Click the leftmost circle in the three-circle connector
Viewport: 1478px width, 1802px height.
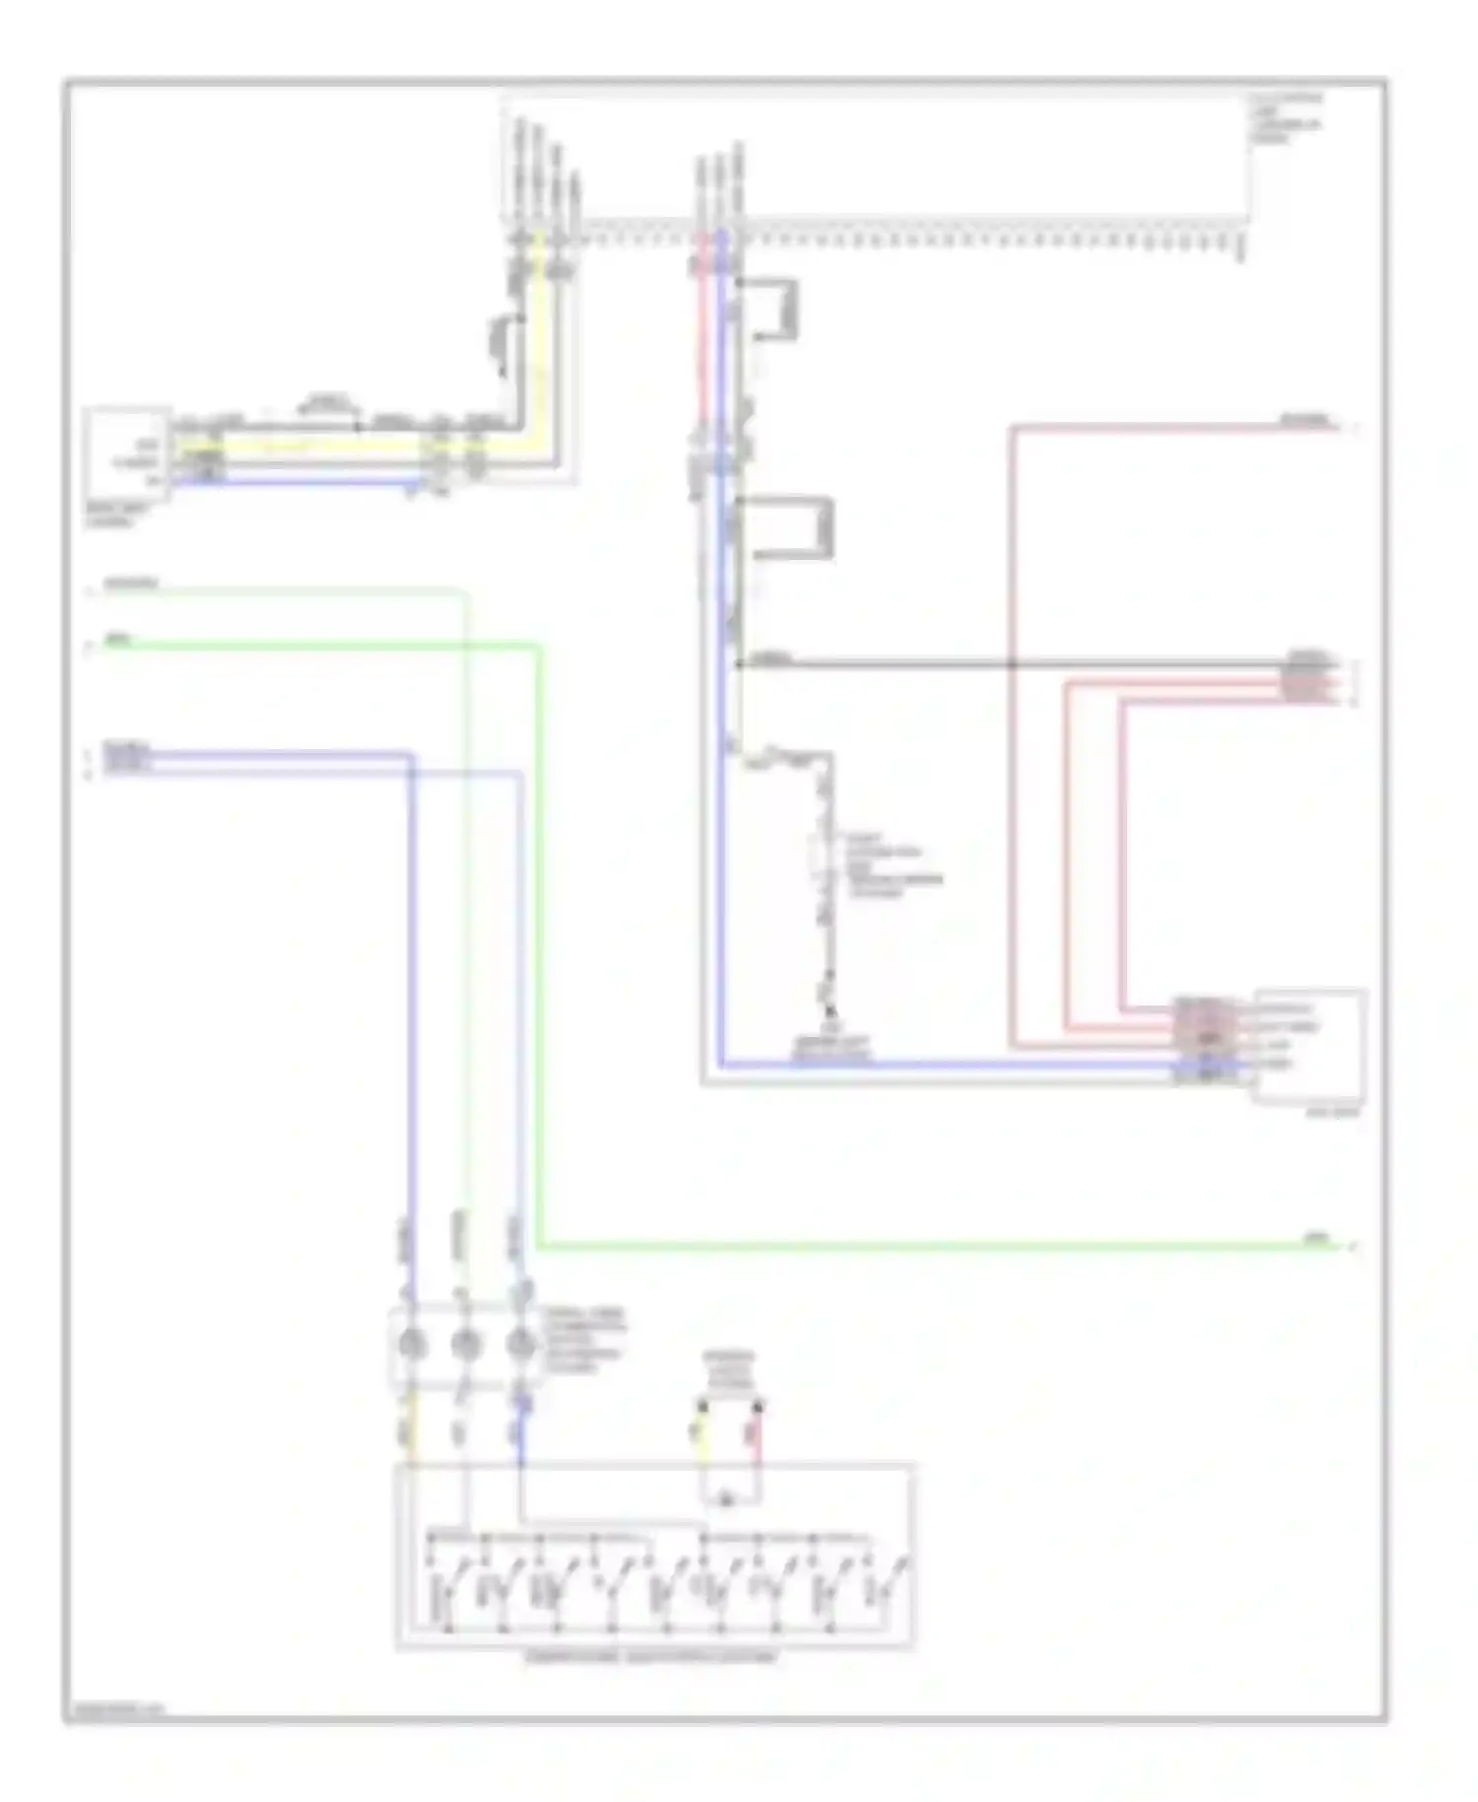pos(411,1343)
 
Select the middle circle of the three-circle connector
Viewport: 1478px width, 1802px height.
pos(465,1343)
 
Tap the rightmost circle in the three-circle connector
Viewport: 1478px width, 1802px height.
pos(519,1343)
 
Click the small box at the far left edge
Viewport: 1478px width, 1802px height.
pos(127,454)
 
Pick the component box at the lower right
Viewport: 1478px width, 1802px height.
pos(1310,1045)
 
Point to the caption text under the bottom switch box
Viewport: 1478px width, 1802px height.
pos(651,1657)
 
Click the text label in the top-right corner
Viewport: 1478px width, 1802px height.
pos(1286,118)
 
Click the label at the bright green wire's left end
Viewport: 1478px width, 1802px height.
pos(119,640)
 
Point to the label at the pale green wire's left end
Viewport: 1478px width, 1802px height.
pos(131,584)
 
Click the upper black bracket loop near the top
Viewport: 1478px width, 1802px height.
pos(777,310)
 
